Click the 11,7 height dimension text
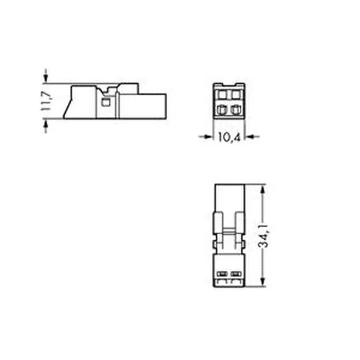[x=45, y=101]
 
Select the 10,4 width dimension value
[x=229, y=137]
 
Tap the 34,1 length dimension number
[x=264, y=236]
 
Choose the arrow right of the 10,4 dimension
[x=252, y=137]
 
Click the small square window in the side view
[x=106, y=102]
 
